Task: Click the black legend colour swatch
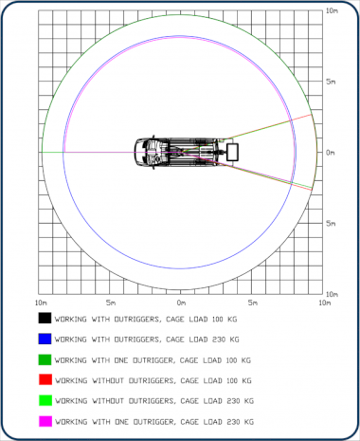(45, 318)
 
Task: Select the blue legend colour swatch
(45, 339)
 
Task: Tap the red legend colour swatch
(45, 379)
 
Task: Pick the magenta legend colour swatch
(45, 421)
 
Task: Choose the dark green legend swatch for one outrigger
(45, 359)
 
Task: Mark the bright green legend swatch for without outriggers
(45, 400)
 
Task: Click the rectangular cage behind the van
(232, 152)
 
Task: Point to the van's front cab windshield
(140, 152)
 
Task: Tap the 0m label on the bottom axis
(181, 303)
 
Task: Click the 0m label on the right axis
(331, 153)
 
